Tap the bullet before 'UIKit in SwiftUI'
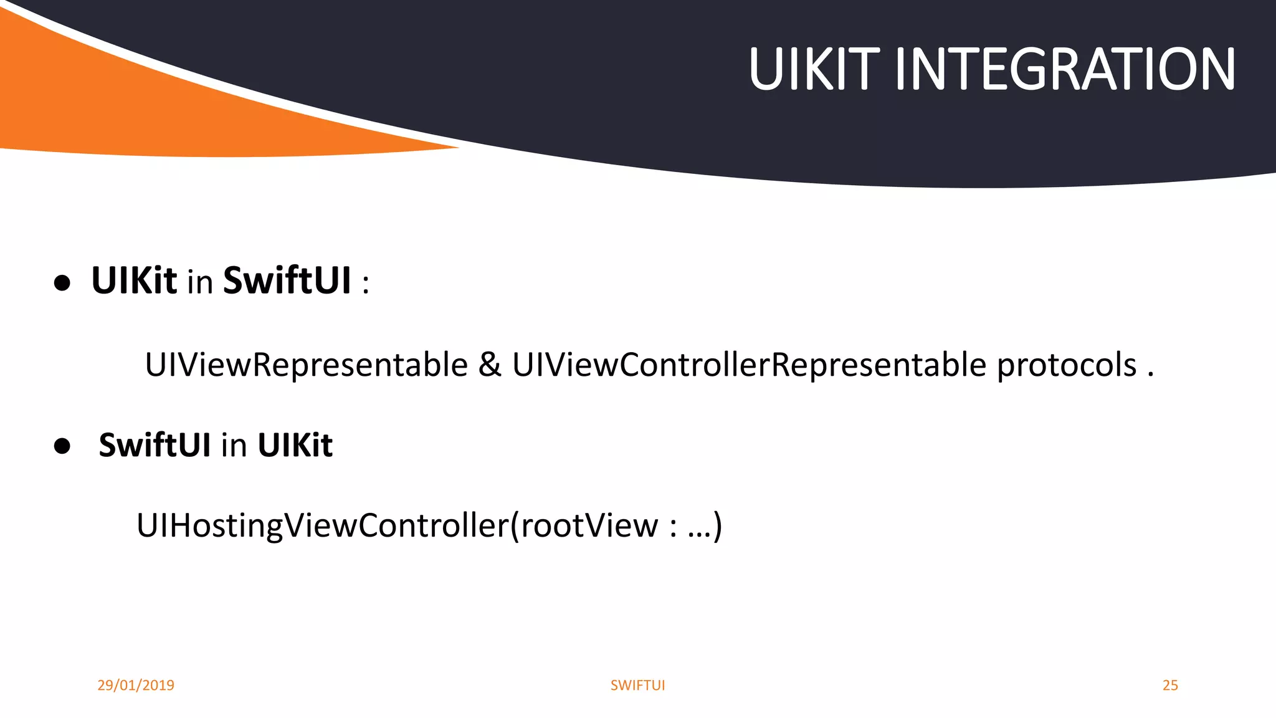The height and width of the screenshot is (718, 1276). click(62, 284)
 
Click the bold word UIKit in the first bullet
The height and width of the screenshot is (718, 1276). click(134, 280)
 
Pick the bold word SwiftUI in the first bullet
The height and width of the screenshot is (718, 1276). click(287, 280)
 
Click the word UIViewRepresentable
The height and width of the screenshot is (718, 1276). click(306, 365)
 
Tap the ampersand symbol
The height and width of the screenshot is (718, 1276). click(490, 365)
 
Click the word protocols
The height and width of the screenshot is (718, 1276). click(1067, 366)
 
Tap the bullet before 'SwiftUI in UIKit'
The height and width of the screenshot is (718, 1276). click(62, 446)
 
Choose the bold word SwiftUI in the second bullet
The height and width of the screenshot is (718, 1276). click(155, 445)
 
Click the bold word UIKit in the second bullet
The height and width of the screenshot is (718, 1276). click(295, 445)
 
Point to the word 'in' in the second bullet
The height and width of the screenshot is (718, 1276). click(234, 446)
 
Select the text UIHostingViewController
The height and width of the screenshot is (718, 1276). click(323, 525)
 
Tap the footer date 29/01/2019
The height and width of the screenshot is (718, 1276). click(136, 685)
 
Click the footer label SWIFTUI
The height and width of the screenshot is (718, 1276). click(637, 685)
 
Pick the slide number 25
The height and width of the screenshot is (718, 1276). click(1170, 685)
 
